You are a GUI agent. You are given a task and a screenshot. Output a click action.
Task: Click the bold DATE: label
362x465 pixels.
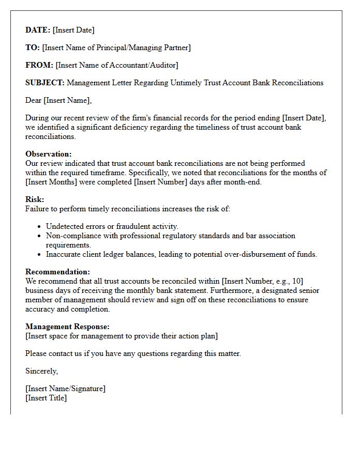pos(38,30)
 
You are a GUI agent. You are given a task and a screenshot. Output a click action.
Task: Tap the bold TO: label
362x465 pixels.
pos(33,48)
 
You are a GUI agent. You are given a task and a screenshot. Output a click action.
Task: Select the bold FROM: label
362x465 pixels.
pos(39,65)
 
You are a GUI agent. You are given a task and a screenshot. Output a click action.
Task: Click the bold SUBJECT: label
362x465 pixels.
pos(45,83)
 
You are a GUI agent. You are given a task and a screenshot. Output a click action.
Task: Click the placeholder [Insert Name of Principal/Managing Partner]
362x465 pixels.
pos(116,48)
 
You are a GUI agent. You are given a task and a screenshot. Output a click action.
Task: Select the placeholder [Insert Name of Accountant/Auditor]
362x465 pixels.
pos(117,65)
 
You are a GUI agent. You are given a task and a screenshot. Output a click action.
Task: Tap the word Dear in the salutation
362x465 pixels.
pos(34,100)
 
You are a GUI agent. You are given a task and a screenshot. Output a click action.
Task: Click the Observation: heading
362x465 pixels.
pos(49,154)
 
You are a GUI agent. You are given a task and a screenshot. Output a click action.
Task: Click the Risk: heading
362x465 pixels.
pos(35,199)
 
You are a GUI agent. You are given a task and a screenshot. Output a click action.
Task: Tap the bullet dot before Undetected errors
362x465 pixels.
pos(39,227)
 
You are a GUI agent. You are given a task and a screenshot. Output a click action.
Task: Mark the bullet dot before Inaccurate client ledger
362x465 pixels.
pos(39,255)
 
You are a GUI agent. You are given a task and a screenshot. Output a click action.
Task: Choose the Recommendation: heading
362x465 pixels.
pos(57,272)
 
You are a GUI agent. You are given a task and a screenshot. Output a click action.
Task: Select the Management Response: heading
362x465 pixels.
pos(67,327)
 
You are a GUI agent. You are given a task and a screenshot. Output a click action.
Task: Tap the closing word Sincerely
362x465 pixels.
pos(42,371)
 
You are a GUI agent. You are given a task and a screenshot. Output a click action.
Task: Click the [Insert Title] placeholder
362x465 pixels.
pos(46,398)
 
